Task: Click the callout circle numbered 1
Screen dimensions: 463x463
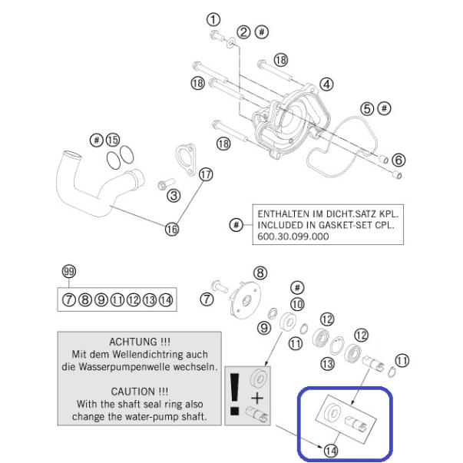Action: coord(213,20)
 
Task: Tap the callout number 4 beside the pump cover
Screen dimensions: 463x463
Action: coord(326,84)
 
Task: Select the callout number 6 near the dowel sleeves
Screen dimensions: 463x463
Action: coord(399,160)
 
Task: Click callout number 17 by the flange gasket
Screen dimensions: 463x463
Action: coord(206,174)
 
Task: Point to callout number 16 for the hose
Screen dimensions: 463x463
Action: coord(172,229)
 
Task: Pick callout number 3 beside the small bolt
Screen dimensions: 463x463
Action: coord(174,195)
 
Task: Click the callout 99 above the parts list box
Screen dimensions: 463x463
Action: coord(69,271)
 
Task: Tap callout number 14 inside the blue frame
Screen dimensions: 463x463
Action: coord(331,451)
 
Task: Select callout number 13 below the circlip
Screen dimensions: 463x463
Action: coord(327,363)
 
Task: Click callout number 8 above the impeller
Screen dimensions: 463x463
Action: coord(260,273)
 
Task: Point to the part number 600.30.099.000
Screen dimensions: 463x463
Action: coord(293,236)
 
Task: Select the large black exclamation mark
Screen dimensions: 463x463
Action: coord(234,395)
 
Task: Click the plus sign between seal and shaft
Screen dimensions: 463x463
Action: coord(257,399)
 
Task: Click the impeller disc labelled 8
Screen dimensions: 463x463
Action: coord(245,299)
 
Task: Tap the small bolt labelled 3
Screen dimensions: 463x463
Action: coord(167,184)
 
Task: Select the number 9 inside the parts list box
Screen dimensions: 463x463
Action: coord(101,300)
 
